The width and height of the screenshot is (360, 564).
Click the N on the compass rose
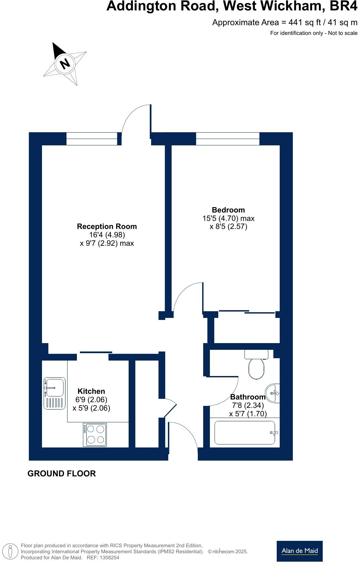65,63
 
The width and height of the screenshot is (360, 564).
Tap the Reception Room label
107,227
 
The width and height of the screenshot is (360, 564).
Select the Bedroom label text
228,210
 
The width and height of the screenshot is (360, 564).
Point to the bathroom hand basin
273,393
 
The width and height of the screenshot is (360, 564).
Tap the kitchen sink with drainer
54,393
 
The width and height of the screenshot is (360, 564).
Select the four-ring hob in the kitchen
95,435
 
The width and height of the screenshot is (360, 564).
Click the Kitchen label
91,391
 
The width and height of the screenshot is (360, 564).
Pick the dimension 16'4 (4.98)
107,235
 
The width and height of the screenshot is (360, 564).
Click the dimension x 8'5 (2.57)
228,227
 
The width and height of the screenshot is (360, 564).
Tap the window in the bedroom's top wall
228,139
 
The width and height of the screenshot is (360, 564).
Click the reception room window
92,139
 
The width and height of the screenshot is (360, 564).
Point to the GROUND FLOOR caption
62,474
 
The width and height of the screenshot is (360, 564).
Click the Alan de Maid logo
300,551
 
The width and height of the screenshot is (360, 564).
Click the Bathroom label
248,397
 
